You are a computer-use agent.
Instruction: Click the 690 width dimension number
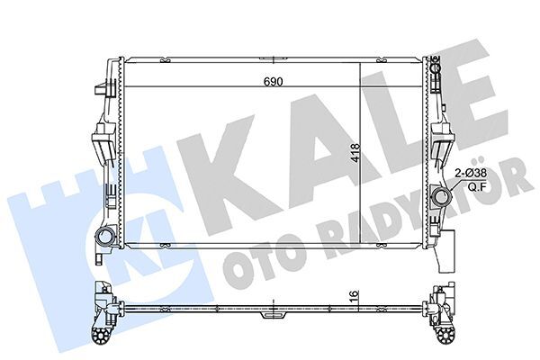coord(273,82)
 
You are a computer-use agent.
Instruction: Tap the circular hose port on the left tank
coord(104,238)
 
